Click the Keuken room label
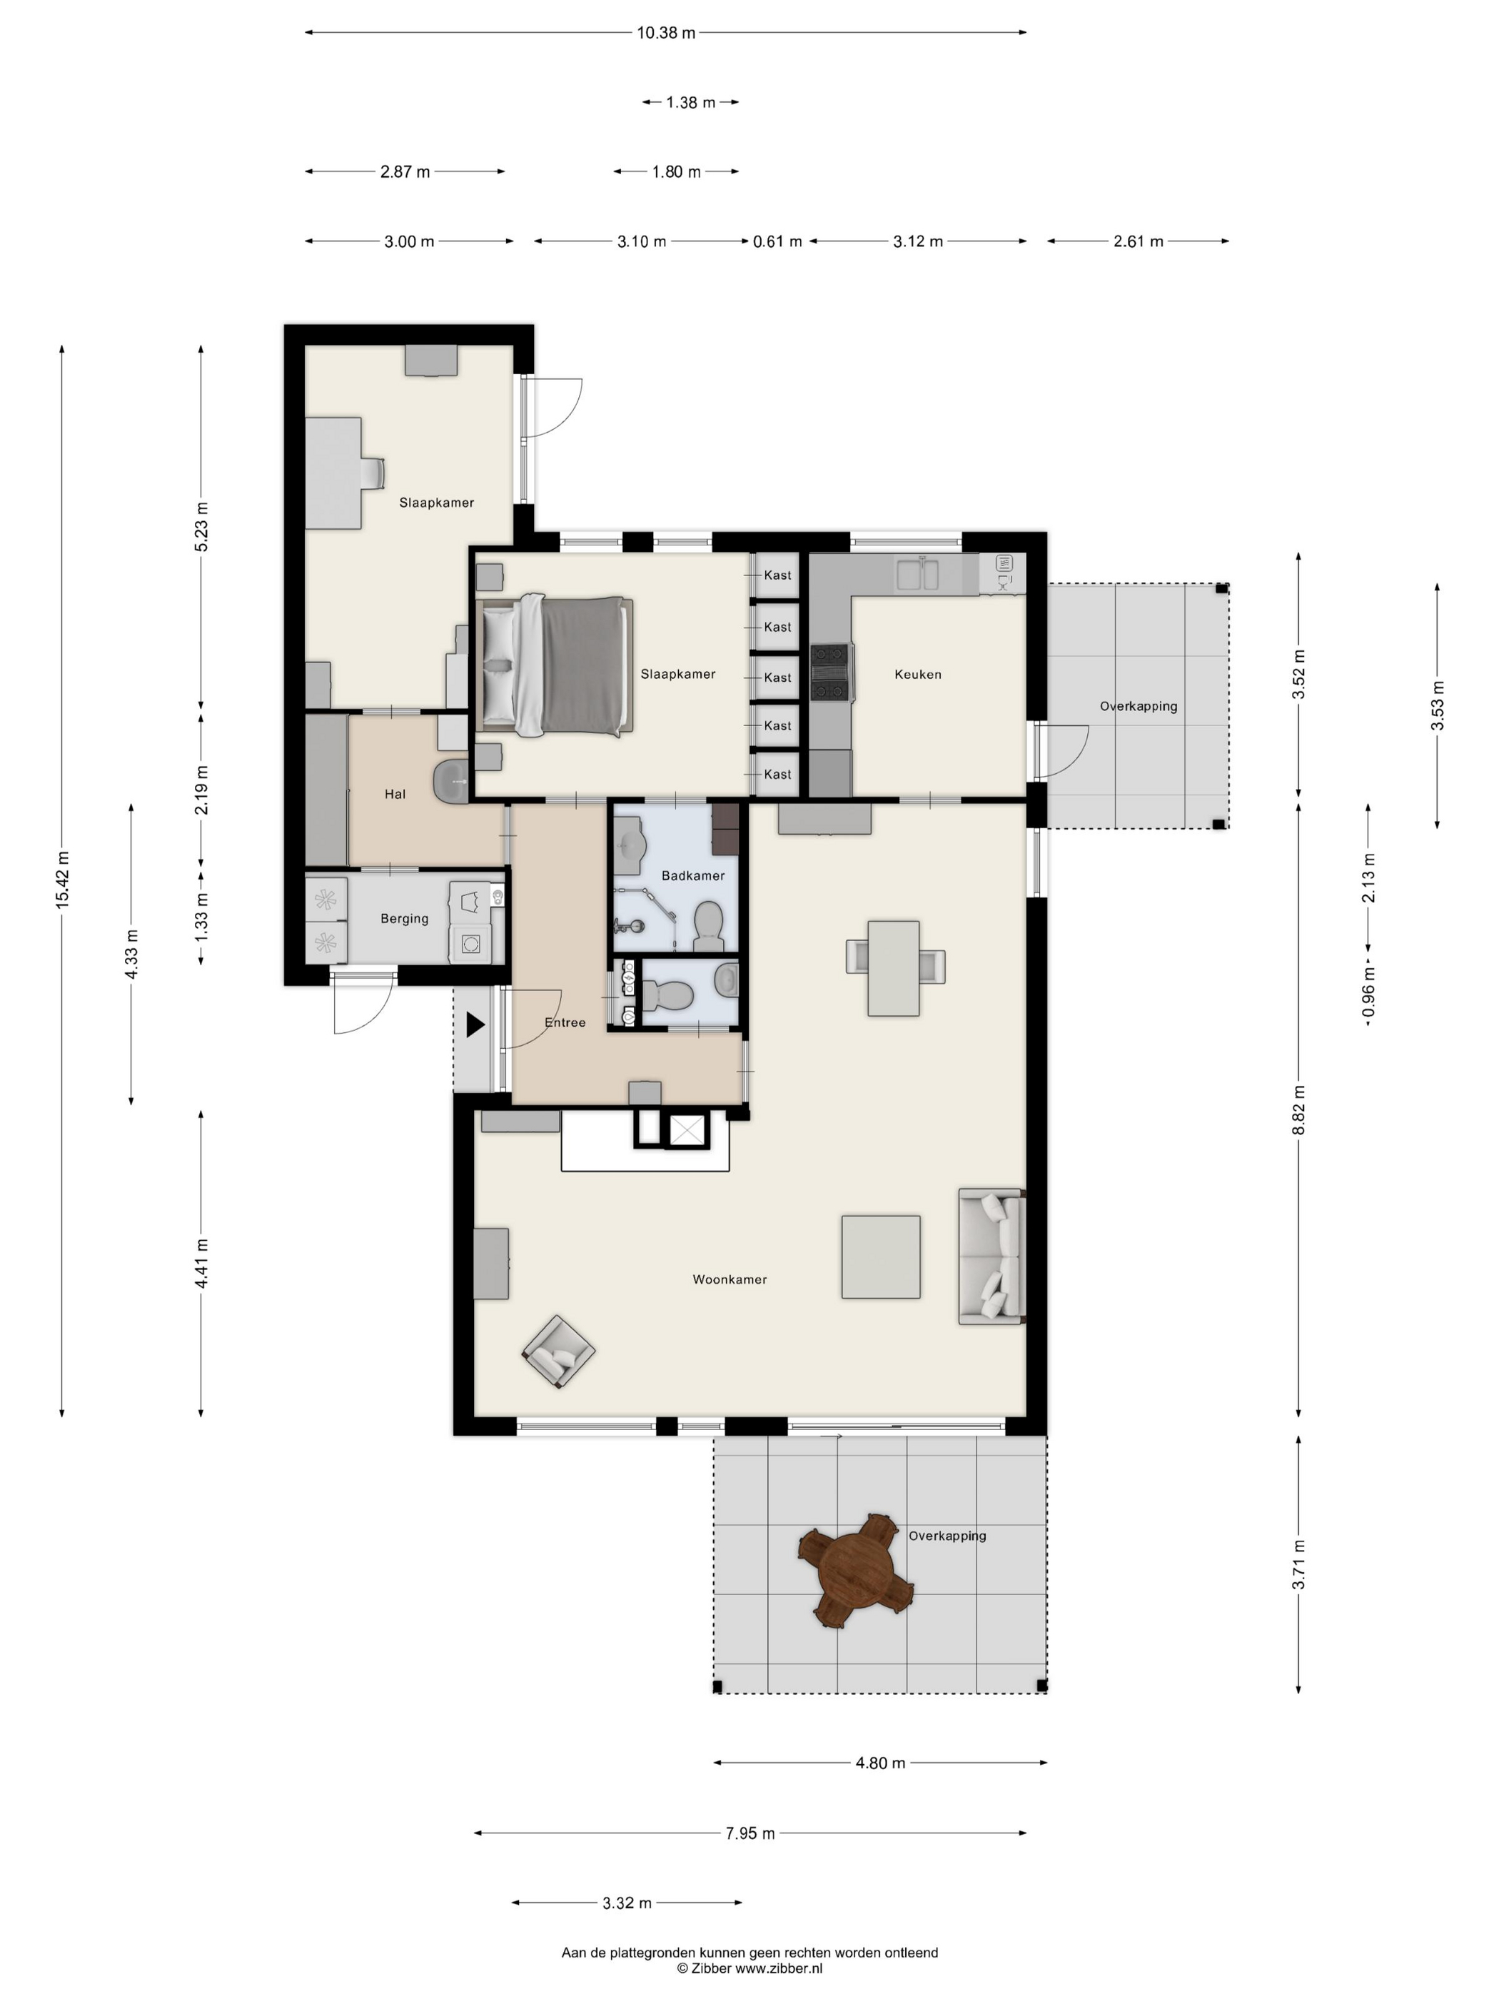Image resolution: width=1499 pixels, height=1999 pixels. (x=917, y=674)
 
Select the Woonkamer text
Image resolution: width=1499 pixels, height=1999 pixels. (x=730, y=1279)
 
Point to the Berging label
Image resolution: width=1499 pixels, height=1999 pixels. (x=404, y=919)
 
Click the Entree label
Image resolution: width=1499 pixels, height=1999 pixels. (x=565, y=1023)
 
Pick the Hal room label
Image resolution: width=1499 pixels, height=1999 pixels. (x=395, y=795)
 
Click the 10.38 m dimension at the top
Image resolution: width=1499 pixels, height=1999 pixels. (x=666, y=33)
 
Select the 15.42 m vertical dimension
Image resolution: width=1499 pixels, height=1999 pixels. (x=62, y=880)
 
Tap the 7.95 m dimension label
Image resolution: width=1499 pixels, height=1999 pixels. (x=750, y=1833)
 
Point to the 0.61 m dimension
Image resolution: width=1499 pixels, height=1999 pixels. (x=777, y=241)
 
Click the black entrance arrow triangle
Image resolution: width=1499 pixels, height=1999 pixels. (x=475, y=1024)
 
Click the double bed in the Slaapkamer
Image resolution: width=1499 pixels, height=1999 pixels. (x=555, y=666)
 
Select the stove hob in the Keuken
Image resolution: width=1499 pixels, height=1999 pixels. (x=829, y=673)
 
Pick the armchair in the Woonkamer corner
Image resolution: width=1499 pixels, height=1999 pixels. (x=558, y=1351)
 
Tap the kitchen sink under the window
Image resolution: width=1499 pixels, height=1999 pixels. (x=917, y=575)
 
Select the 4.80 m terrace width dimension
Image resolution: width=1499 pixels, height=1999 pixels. (x=880, y=1763)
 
